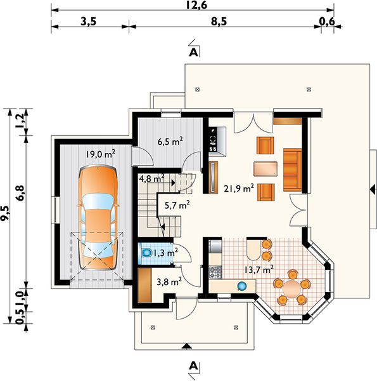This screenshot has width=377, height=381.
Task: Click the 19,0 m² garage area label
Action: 100,154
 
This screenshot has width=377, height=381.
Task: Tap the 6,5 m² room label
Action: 170,141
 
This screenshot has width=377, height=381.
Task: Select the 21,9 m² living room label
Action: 239,188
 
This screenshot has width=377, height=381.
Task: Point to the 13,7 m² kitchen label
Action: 259,269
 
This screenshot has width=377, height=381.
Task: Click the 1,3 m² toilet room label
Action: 165,253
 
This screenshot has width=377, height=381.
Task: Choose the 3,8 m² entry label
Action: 169,282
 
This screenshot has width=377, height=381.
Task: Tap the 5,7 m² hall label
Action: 177,205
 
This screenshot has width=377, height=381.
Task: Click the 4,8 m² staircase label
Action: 152,178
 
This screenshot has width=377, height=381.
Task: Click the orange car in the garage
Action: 98,217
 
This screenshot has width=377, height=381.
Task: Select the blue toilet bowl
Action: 146,253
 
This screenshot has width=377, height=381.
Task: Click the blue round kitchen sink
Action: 242,286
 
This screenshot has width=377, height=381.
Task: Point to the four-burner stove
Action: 215,272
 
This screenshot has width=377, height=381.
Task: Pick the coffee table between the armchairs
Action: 265,168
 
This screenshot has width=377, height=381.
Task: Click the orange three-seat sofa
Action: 292,170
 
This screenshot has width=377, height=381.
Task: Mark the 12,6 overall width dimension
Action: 196,5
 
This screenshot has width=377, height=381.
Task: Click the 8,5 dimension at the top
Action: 219,22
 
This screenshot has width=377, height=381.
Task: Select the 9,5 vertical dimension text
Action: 5,213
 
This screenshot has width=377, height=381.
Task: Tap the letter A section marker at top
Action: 193,52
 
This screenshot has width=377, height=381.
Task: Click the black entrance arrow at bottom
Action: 186,345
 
